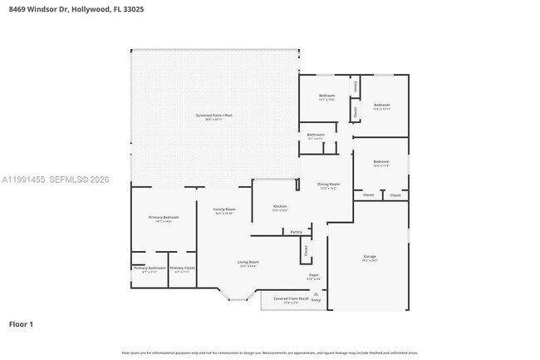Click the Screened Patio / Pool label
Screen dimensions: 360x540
[214, 116]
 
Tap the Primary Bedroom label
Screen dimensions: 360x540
[164, 218]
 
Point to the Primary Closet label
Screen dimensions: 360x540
[182, 269]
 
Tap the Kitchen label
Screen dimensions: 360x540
[280, 206]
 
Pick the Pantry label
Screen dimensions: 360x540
[296, 232]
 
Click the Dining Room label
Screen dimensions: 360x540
[329, 185]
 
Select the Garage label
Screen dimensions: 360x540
[370, 257]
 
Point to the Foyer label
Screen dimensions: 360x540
[314, 274]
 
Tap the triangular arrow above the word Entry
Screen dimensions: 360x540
[316, 293]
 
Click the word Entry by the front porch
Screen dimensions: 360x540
[316, 300]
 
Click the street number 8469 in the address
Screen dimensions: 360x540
[17, 9]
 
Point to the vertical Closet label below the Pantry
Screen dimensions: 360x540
[306, 249]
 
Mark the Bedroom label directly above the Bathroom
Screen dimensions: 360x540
[326, 96]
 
